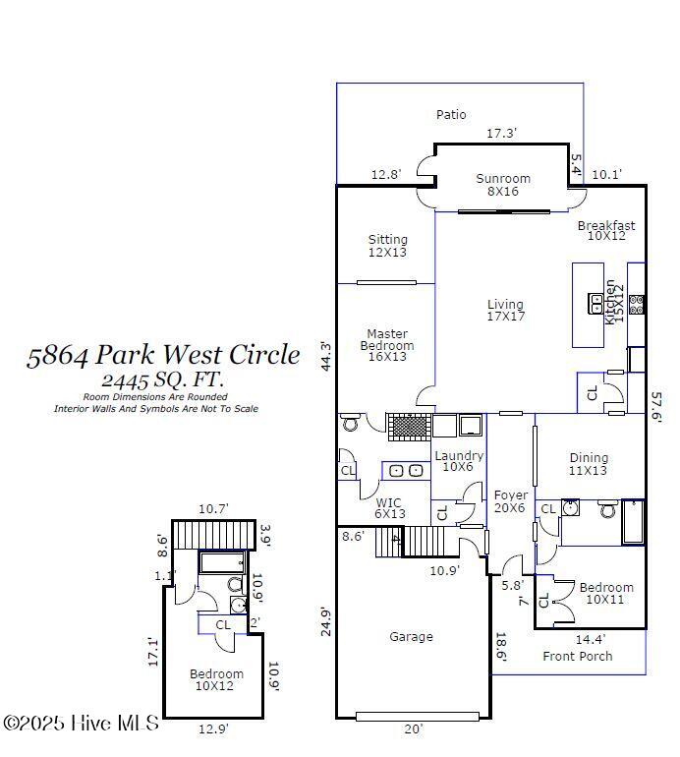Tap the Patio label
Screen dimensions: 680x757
[x=451, y=114]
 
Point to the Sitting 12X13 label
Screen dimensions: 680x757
[x=388, y=246]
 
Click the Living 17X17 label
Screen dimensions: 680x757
[x=505, y=311]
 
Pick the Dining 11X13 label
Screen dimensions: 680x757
[x=589, y=464]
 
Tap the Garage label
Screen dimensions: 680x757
[x=411, y=637]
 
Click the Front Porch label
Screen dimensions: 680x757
[x=577, y=656]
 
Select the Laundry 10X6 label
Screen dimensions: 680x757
[x=459, y=461]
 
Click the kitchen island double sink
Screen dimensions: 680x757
[x=595, y=304]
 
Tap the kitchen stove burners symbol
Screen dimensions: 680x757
[x=637, y=305]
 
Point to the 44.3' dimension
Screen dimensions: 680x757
[x=326, y=356]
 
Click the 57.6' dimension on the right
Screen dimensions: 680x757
[x=656, y=407]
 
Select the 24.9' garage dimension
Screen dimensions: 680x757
[x=326, y=622]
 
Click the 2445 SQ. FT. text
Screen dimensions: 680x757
[x=163, y=379]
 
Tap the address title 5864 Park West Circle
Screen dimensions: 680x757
[x=163, y=355]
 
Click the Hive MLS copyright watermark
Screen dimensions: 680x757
[x=82, y=724]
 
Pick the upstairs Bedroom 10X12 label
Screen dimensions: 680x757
[x=216, y=679]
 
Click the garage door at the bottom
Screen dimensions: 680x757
[x=418, y=717]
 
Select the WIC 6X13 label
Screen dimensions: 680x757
[x=390, y=508]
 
